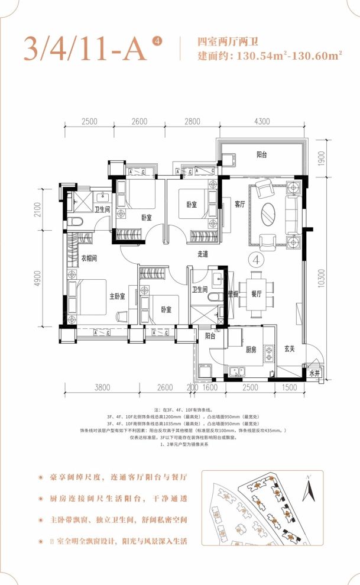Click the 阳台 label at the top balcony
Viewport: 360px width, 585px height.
click(261, 154)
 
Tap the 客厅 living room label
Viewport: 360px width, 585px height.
click(240, 204)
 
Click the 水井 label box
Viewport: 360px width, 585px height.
click(313, 374)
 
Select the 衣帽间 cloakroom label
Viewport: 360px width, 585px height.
click(89, 258)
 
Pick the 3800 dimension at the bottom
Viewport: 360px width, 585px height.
click(102, 388)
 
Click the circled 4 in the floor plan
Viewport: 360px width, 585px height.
click(256, 259)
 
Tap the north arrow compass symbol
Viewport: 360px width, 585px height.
click(307, 490)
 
